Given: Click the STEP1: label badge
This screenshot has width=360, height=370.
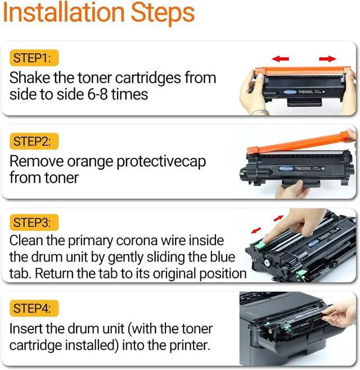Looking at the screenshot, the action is [34, 58].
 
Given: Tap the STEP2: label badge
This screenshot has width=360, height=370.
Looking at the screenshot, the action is [34, 141].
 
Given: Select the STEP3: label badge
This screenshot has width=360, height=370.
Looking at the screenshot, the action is [34, 222].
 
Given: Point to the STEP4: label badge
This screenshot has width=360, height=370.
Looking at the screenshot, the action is [34, 308].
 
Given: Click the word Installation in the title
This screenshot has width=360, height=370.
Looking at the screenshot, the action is [64, 12].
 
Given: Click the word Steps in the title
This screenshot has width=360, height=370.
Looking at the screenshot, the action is [163, 13].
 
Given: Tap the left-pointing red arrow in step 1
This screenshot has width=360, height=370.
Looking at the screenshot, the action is [280, 58].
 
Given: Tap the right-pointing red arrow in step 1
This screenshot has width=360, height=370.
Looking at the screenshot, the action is [328, 58].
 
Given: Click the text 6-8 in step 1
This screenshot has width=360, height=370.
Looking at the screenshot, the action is [97, 94].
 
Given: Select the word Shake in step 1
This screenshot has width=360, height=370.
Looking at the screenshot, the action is [30, 78].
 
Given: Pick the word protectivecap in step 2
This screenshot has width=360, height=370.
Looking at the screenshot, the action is [161, 163].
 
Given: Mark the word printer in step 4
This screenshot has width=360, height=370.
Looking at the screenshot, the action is [190, 345].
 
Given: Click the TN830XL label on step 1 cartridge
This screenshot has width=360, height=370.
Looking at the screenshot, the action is [305, 92].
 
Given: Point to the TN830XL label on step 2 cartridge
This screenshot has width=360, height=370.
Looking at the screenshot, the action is [303, 168].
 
